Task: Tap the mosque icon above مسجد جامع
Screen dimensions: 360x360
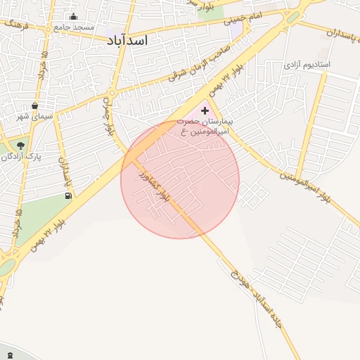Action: (75, 17)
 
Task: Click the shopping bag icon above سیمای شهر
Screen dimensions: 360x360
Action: (34, 106)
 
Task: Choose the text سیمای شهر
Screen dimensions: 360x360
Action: (34, 117)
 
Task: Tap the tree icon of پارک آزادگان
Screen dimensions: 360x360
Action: (20, 146)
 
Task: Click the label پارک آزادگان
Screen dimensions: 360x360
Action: (20, 156)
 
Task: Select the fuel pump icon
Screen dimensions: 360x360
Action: (68, 195)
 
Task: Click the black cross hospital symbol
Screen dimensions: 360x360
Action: (205, 110)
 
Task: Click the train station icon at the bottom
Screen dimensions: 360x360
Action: (10, 353)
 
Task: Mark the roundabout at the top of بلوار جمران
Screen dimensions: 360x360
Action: (111, 92)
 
